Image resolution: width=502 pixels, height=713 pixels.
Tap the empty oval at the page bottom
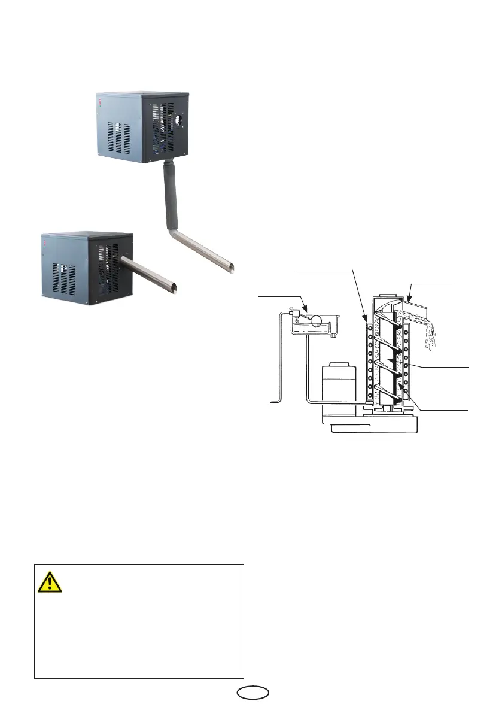(x=251, y=692)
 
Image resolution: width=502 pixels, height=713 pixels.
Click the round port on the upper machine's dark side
(x=178, y=119)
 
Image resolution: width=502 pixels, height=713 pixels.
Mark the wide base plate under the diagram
(x=371, y=424)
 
